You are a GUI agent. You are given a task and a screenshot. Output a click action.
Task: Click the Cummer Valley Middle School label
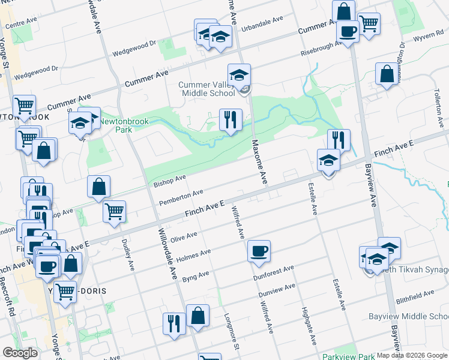tap(206, 89)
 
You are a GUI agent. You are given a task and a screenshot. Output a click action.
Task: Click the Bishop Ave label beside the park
tap(169, 181)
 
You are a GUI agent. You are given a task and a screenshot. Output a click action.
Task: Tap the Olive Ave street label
tap(184, 238)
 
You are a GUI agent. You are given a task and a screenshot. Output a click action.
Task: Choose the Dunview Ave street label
tap(277, 290)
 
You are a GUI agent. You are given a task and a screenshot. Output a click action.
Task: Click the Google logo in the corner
tap(20, 353)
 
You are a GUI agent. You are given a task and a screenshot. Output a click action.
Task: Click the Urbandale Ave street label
tap(262, 24)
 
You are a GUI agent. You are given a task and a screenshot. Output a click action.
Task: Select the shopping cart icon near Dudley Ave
tap(114, 211)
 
